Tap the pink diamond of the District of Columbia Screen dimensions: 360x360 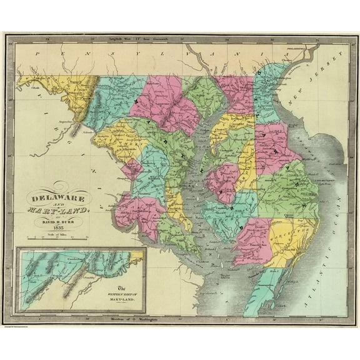[x=131, y=169]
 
